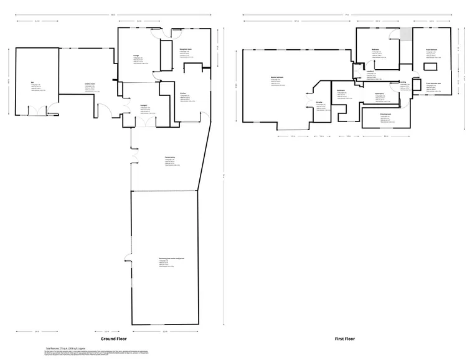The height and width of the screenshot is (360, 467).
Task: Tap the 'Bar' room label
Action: pyautogui.click(x=32, y=82)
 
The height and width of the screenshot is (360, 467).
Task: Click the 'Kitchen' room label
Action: pyautogui.click(x=182, y=93)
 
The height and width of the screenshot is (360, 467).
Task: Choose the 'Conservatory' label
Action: pyautogui.click(x=169, y=157)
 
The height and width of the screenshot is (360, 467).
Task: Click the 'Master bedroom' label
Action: pyautogui.click(x=278, y=78)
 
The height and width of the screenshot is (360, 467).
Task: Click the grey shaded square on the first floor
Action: pyautogui.click(x=405, y=35)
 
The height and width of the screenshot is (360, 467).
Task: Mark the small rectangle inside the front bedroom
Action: pyautogui.click(x=430, y=67)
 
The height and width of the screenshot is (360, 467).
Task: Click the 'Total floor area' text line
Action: pyautogui.click(x=67, y=348)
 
